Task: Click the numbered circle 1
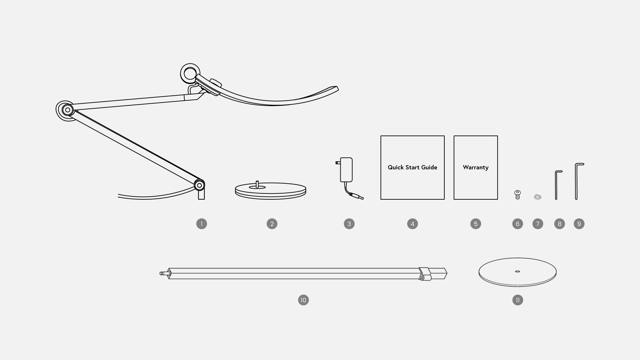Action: tap(202, 224)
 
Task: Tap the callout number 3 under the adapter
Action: tap(349, 224)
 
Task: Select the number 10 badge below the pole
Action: tap(303, 300)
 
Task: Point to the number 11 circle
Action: tap(518, 300)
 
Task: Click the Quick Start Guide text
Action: tap(412, 167)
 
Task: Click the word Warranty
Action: tap(476, 167)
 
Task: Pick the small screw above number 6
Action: tap(518, 194)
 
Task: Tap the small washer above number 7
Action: tap(537, 197)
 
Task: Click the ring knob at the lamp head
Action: tap(190, 73)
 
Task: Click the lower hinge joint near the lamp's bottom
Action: tap(199, 185)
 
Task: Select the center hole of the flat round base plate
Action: tap(517, 271)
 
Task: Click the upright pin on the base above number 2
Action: tap(257, 184)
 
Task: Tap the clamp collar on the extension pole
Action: tap(424, 274)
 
